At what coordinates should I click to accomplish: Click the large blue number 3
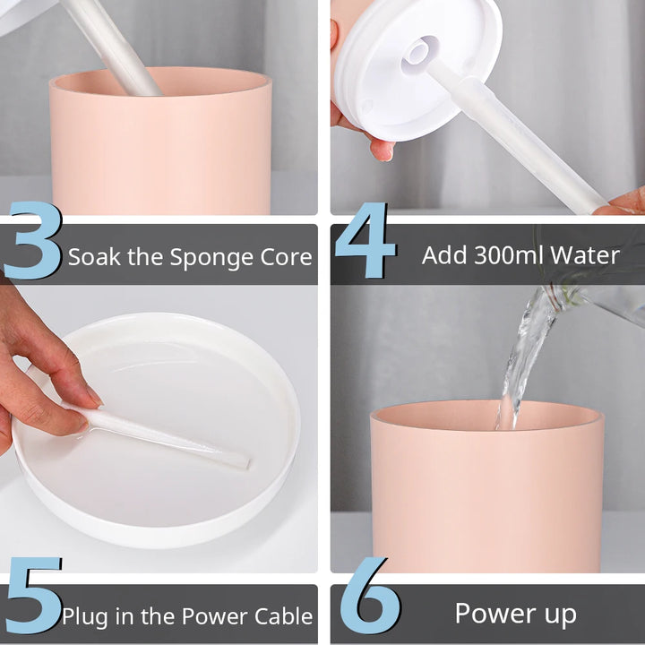point(34,240)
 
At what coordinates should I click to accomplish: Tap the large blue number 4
point(365,240)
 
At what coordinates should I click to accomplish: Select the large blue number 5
point(34,595)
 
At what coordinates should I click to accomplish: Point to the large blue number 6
point(369,595)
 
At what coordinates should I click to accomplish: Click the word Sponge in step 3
point(212,258)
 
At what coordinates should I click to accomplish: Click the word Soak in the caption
point(95,257)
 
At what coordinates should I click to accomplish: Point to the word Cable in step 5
point(284,615)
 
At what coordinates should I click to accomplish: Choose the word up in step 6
point(561,615)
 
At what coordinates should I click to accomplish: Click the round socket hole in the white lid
point(419,50)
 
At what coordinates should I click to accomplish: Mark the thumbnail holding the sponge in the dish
point(94,395)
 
